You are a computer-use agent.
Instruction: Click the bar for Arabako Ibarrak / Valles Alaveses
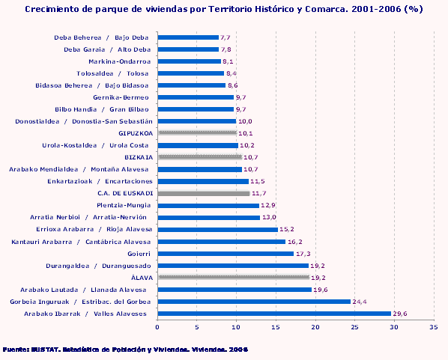274,314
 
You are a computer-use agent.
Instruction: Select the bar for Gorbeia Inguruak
254,302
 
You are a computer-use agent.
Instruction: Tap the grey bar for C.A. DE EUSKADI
204,193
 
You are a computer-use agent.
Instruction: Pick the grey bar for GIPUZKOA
197,133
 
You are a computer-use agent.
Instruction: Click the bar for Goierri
225,254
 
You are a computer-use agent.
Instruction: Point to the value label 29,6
400,314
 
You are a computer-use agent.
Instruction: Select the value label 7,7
225,37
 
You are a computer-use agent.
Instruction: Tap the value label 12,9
268,205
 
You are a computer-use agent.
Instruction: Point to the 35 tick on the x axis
433,327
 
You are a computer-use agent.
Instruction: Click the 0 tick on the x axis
157,327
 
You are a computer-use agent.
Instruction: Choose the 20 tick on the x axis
315,327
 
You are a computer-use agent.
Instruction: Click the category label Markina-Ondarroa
120,61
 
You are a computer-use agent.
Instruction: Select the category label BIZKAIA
139,157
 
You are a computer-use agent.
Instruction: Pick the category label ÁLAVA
142,278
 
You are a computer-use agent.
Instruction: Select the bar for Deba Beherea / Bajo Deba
188,37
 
